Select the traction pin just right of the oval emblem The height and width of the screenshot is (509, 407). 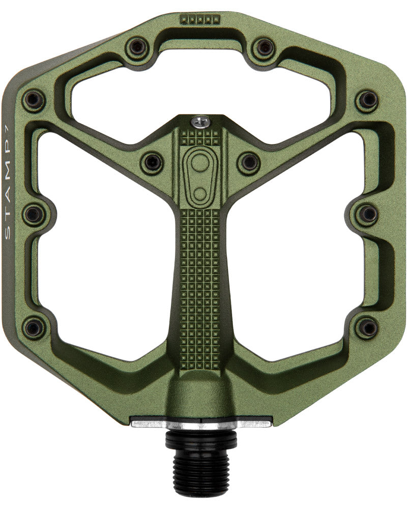[x=249, y=161]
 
